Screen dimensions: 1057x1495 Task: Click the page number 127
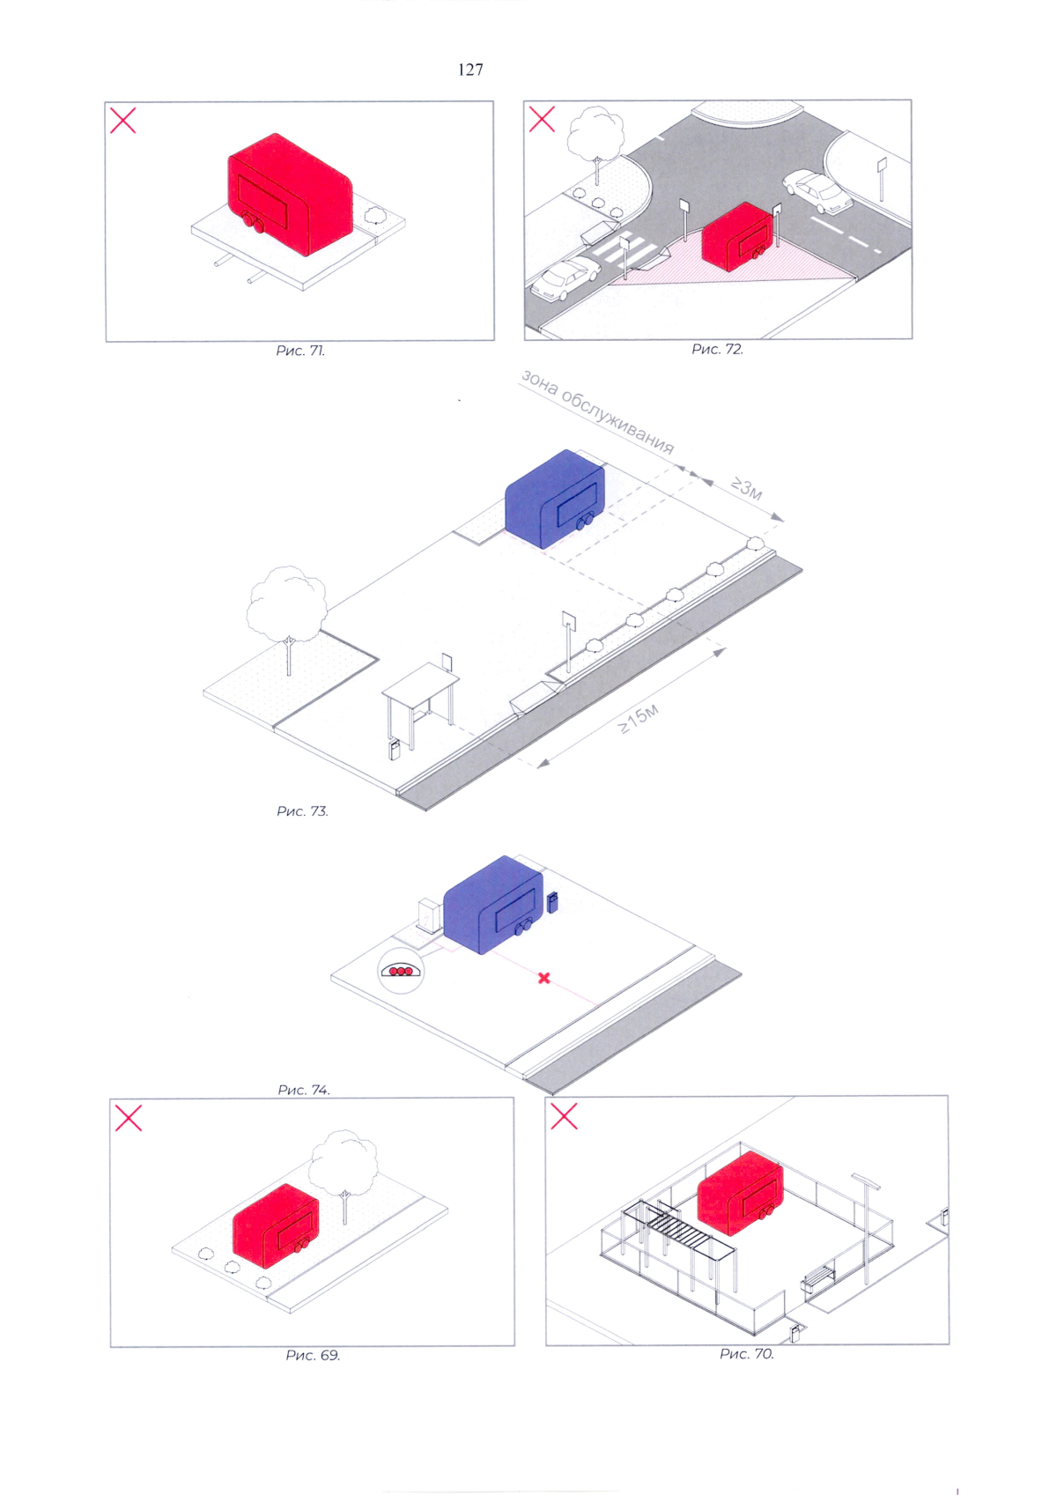[470, 70]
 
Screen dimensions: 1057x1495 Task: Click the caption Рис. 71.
[300, 351]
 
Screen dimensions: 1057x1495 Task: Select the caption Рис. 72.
[717, 349]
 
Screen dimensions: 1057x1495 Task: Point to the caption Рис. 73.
[302, 810]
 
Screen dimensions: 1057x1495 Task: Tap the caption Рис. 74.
[304, 1089]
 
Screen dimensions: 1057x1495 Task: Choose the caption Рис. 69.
[313, 1355]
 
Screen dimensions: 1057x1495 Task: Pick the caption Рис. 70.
[747, 1353]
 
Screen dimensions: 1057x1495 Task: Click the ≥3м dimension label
[747, 489]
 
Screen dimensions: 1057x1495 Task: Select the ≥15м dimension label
[639, 719]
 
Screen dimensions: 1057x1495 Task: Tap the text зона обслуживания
[597, 411]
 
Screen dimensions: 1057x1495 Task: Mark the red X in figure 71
[122, 121]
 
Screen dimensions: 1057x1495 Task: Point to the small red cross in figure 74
[543, 978]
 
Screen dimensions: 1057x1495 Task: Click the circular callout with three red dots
[401, 971]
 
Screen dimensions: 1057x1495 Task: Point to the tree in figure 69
[344, 1176]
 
